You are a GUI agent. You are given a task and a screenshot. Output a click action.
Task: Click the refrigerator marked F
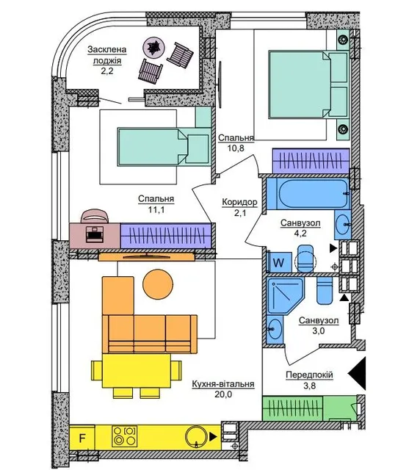point(82,438)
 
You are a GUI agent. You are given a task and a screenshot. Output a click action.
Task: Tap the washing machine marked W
point(278,263)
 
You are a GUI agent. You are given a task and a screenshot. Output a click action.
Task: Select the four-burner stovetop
point(125,435)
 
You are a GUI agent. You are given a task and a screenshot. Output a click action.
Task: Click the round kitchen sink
point(195,437)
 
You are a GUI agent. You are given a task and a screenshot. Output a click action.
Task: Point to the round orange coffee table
point(158,284)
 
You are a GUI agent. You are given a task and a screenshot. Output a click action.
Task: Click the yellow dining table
point(137,370)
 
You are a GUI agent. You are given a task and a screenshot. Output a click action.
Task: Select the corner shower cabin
point(285,295)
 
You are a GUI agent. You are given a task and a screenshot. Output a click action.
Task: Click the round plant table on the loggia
point(153,48)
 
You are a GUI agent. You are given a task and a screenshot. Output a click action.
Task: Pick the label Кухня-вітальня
point(223,384)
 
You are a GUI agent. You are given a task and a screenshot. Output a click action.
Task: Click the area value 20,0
point(223,394)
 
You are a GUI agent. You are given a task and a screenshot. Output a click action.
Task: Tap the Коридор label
point(239,203)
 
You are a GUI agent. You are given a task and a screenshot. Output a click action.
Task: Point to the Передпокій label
point(310,375)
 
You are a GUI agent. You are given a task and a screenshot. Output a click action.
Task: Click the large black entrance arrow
point(357,374)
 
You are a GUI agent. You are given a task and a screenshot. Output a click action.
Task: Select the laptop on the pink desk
point(95,234)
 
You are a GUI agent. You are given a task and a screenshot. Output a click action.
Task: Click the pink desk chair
point(95,217)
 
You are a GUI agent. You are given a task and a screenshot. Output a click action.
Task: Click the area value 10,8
point(236,148)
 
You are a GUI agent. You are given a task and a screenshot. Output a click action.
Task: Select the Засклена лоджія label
point(107,55)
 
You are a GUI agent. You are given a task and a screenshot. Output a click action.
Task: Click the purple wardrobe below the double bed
point(311,161)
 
